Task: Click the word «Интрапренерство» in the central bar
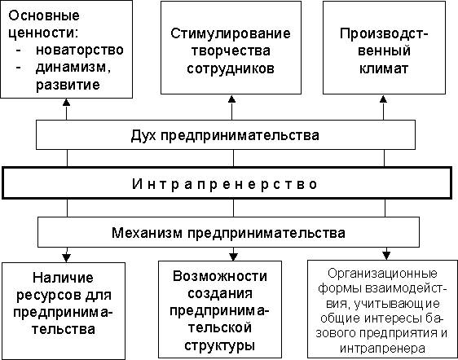coord(225,184)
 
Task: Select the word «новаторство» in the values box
coord(79,50)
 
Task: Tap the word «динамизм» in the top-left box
coord(71,68)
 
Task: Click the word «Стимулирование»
coord(231,33)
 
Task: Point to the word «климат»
coord(384,69)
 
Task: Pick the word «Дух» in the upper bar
coord(143,135)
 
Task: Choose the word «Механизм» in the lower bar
coord(147,233)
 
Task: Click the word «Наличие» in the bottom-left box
coord(63,278)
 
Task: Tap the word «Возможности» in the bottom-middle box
coord(220,276)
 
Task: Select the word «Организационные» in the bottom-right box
coord(382,274)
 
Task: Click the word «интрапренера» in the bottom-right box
coord(382,349)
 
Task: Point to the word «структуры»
coord(220,346)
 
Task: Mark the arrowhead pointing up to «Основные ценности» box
coord(67,102)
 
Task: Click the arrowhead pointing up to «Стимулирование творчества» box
coord(231,99)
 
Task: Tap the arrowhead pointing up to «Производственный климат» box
coord(383,99)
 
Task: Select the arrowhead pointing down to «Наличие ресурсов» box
coord(67,258)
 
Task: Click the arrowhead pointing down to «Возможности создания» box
coord(233,257)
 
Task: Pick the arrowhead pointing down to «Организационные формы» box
coord(386,256)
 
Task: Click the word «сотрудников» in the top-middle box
coord(231,69)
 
